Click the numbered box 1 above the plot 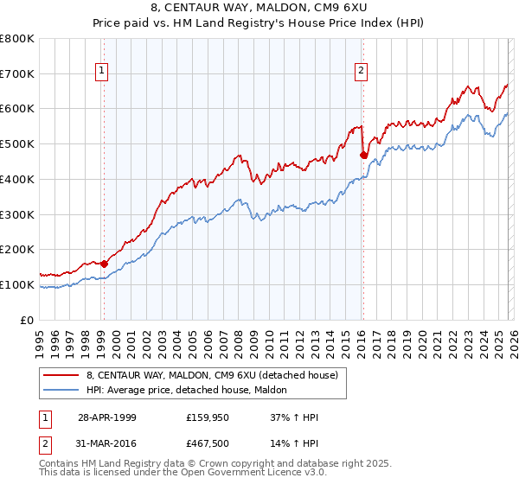point(102,71)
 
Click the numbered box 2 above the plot point(361,71)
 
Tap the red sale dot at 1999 point(104,264)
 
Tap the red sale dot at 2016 point(363,156)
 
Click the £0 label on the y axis point(28,320)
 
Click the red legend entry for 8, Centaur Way point(216,375)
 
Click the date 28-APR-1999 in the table point(107,417)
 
